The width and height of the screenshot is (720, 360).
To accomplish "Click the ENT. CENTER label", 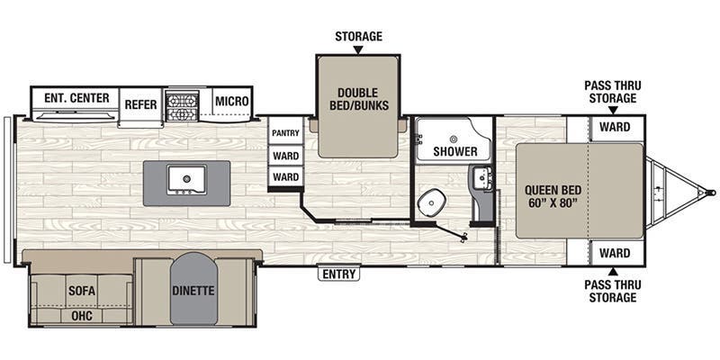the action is (76, 98).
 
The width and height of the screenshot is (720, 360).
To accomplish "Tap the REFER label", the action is (141, 104).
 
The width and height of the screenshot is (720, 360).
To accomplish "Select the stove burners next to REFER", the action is (183, 105).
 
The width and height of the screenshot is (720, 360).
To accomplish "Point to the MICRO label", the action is (232, 101).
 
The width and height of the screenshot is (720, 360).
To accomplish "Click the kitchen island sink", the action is (186, 179).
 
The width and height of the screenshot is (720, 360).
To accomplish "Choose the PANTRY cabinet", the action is (285, 133).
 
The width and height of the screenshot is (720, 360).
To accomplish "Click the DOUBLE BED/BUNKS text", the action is (359, 99).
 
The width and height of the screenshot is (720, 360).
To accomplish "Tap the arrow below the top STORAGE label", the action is (358, 50).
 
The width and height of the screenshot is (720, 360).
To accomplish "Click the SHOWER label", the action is (455, 151).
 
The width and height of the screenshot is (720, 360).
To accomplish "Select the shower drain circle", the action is (454, 139).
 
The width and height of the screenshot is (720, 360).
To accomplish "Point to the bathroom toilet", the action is (430, 202).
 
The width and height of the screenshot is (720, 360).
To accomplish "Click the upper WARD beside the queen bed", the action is (615, 127).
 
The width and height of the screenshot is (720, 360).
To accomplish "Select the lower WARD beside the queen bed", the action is (615, 253).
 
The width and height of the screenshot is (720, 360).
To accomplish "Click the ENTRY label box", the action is (339, 274).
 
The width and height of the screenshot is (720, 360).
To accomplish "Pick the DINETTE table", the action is (193, 289).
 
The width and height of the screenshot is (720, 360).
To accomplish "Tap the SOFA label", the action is (82, 291).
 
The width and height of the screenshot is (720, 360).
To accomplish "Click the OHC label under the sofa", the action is (82, 316).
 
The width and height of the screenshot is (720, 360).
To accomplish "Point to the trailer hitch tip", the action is (712, 193).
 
